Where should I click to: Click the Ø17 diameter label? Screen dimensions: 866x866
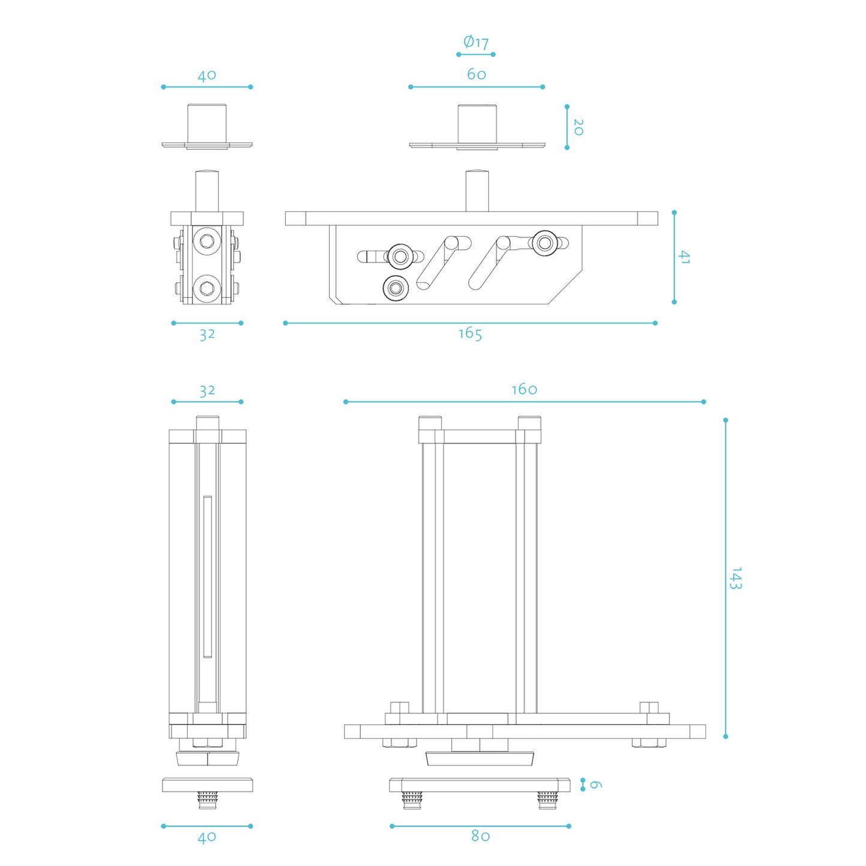coord(476,42)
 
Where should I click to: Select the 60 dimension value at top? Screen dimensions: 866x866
coord(476,74)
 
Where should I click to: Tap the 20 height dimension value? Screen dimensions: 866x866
coord(578,127)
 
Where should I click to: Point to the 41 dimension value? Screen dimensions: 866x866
coord(684,258)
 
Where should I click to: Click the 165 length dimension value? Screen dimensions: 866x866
coord(470,334)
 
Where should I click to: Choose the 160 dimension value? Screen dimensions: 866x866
coord(524,390)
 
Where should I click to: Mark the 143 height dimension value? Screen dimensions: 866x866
coord(736,578)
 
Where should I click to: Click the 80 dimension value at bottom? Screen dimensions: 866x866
coord(481,836)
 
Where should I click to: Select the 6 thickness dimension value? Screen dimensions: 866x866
coord(595,784)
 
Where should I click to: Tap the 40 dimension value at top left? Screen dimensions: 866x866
coord(207,76)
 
